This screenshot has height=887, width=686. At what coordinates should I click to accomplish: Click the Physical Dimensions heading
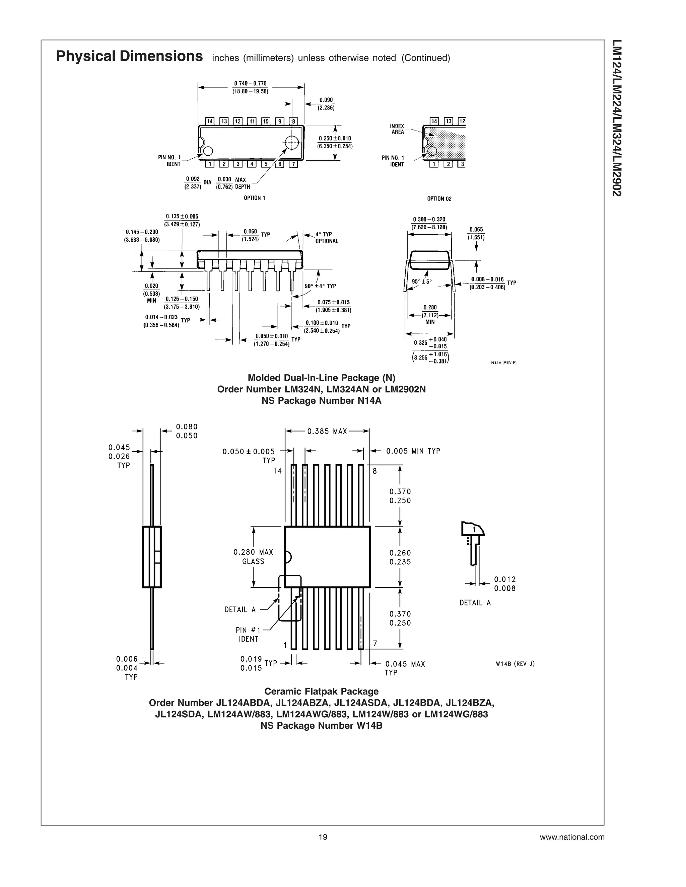[129, 56]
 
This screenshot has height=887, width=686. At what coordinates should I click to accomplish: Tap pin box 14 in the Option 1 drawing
[210, 121]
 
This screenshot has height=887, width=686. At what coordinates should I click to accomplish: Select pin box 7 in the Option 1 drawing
[293, 164]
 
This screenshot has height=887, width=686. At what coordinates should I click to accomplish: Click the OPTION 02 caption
[439, 198]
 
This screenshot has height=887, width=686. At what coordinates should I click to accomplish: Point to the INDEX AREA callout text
[397, 129]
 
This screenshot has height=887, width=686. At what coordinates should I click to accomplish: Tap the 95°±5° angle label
[421, 281]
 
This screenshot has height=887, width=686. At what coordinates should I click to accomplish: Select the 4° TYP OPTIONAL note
[326, 238]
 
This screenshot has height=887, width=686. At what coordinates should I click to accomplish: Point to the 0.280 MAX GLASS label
[253, 556]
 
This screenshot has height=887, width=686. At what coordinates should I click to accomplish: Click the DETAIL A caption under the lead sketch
[475, 603]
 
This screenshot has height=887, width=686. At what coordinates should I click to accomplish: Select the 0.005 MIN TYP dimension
[413, 451]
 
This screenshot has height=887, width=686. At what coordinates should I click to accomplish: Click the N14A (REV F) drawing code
[503, 363]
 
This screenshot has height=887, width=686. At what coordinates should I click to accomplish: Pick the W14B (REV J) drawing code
[515, 664]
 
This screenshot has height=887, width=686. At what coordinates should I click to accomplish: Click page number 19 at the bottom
[323, 837]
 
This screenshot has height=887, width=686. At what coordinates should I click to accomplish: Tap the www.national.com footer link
[572, 837]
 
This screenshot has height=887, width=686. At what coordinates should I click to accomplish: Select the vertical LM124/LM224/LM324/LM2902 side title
[617, 118]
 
